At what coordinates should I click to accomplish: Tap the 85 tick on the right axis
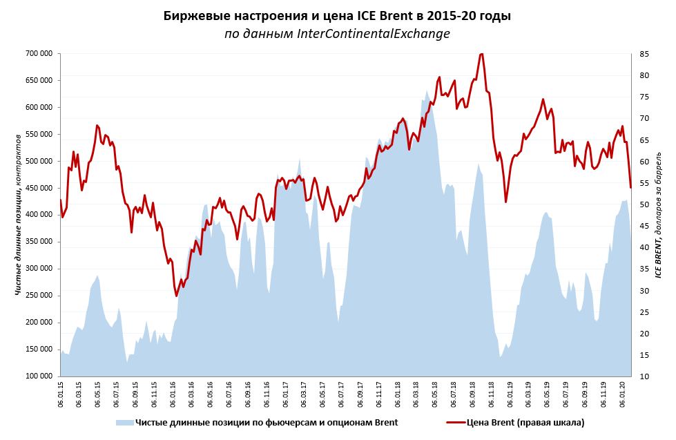pyautogui.click(x=643, y=53)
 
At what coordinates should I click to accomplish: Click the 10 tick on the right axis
pyautogui.click(x=643, y=376)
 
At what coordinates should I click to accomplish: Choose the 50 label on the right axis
pyautogui.click(x=643, y=204)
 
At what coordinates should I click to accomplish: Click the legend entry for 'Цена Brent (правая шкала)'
pyautogui.click(x=525, y=422)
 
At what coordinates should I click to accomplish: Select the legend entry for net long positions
pyautogui.click(x=266, y=422)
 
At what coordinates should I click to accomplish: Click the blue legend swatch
pyautogui.click(x=124, y=422)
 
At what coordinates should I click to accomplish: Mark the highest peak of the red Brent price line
pyautogui.click(x=481, y=53)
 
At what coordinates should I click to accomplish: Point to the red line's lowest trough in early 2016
pyautogui.click(x=176, y=296)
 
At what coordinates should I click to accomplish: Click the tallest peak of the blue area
pyautogui.click(x=427, y=90)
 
